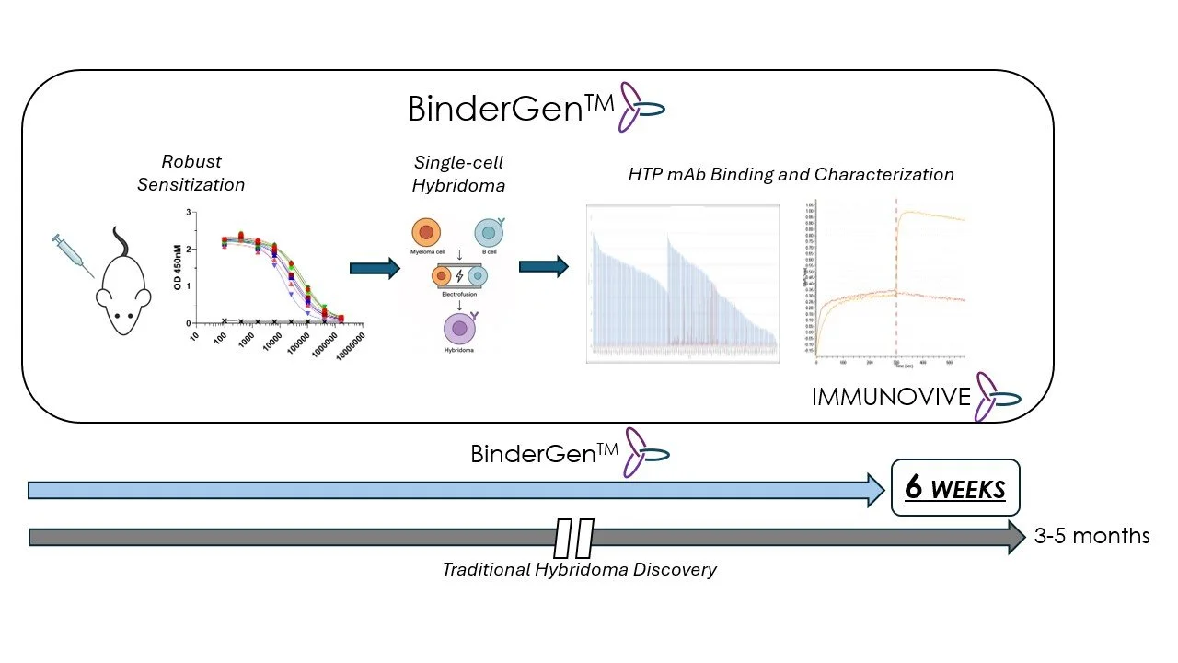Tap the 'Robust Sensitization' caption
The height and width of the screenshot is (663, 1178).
click(x=191, y=172)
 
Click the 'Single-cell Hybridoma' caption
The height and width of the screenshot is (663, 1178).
click(x=459, y=173)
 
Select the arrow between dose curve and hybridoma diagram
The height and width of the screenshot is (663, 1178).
click(x=375, y=268)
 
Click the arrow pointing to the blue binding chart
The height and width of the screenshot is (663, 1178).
click(x=543, y=267)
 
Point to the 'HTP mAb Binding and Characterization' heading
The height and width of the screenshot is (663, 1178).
click(x=791, y=174)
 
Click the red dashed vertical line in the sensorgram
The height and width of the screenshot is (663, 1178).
click(x=896, y=276)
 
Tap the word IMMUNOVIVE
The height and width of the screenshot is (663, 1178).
click(x=891, y=397)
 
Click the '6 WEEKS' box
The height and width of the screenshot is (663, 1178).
click(x=955, y=487)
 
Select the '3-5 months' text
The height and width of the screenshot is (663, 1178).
click(x=1091, y=536)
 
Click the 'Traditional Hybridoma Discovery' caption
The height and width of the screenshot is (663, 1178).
click(x=579, y=569)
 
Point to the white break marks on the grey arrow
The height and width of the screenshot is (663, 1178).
click(x=574, y=538)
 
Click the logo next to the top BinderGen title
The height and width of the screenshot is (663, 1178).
click(x=641, y=107)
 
